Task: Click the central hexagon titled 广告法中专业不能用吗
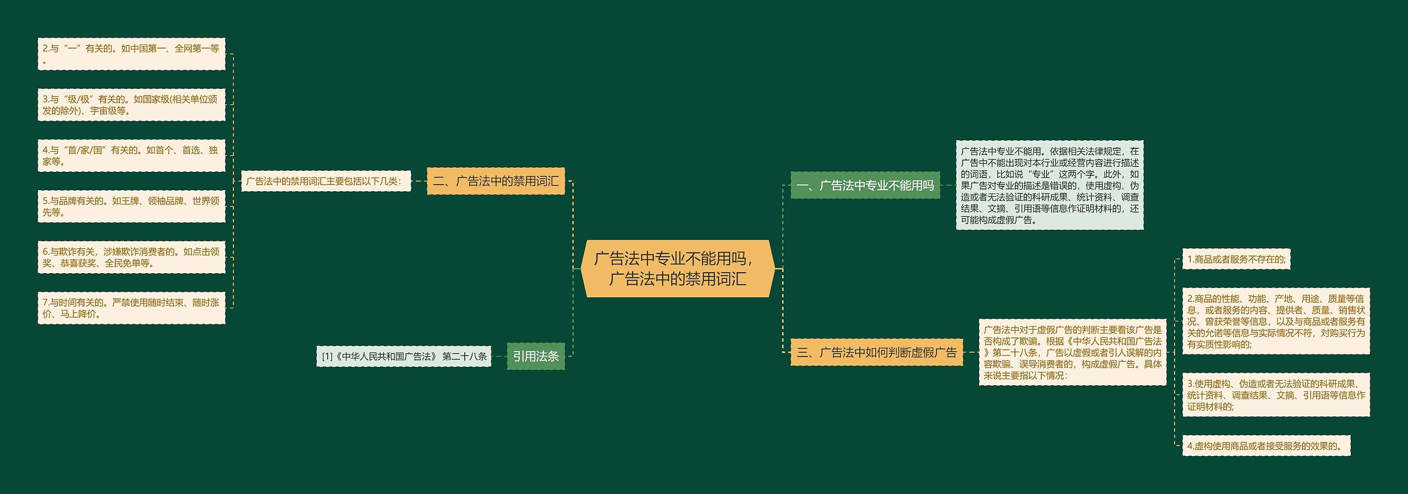pos(678,269)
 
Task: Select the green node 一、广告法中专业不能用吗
pos(865,186)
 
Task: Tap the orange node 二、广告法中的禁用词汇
pos(496,181)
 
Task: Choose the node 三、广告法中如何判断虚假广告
pos(877,353)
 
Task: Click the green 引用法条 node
pos(536,357)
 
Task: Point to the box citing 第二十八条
pos(404,357)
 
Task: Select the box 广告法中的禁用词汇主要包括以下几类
pos(326,181)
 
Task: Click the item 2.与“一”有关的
pos(131,54)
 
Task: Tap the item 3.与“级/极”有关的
pos(131,105)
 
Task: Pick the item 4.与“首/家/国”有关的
pos(131,156)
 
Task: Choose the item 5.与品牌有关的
pos(131,207)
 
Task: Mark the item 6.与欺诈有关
pos(131,257)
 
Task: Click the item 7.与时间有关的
pos(131,308)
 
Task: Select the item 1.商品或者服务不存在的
pos(1236,259)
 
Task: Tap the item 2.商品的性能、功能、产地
pos(1276,321)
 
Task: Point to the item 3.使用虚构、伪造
pos(1276,395)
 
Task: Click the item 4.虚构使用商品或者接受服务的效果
pos(1266,446)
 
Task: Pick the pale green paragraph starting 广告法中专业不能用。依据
pos(1049,186)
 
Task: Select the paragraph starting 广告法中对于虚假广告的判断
pos(1072,353)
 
